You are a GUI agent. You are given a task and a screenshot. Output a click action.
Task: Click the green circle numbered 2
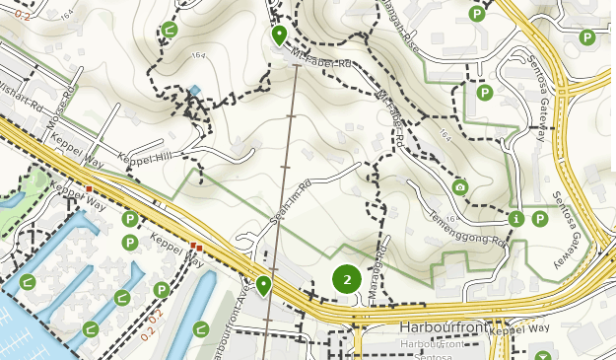[346, 280]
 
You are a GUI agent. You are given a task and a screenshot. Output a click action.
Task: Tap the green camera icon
[459, 187]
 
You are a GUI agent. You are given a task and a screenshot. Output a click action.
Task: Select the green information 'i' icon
[516, 218]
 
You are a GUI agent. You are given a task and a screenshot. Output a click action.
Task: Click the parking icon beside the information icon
[540, 218]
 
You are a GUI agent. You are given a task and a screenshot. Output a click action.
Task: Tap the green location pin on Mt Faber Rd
[279, 36]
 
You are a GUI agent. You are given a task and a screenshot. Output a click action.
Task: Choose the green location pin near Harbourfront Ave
[263, 286]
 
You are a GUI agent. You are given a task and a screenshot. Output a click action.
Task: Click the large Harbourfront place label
[439, 326]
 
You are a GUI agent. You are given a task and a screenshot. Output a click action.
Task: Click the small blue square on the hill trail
[195, 92]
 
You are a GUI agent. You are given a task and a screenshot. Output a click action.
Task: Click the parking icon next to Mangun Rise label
[477, 14]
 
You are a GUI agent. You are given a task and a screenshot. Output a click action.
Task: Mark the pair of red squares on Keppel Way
[197, 248]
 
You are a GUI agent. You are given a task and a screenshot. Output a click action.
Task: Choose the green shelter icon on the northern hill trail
[170, 30]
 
